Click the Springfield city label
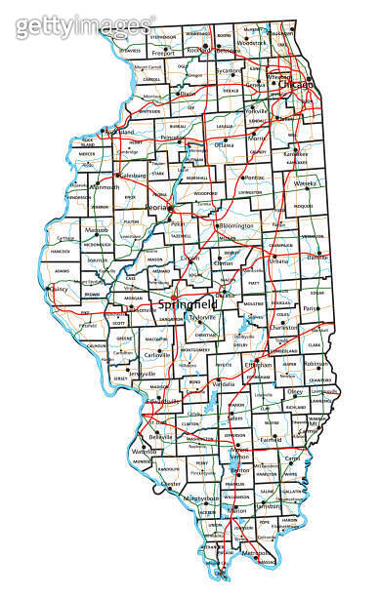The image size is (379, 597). (x=183, y=304)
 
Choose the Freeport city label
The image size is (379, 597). (x=162, y=54)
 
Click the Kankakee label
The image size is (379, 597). (x=297, y=154)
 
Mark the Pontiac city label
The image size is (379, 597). (x=255, y=179)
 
